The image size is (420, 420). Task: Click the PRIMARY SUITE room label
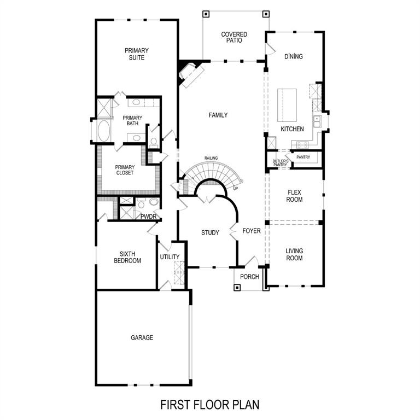pos(136,54)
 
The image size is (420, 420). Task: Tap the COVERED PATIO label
pos(234,38)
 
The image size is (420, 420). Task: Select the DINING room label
pos(294,56)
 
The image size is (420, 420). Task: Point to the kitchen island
pos(287,106)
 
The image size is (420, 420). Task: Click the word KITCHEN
pos(292,129)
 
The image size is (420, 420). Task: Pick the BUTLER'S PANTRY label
pos(280,163)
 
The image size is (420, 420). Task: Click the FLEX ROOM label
pos(294,196)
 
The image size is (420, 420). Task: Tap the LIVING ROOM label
pos(294,254)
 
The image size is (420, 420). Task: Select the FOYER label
pos(252,231)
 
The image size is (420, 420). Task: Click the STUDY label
pos(210,233)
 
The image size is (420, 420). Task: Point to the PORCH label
pos(249,277)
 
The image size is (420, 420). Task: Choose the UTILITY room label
pos(170,257)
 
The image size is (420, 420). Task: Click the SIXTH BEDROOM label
pos(127,257)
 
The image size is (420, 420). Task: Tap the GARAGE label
pos(142,337)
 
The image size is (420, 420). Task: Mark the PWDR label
pos(148,217)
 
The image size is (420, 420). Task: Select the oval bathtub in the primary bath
pos(103,131)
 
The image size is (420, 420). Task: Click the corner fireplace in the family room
pos(189,74)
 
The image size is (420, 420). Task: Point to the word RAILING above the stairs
pos(211,158)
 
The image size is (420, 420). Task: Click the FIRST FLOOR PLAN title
pos(209,405)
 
